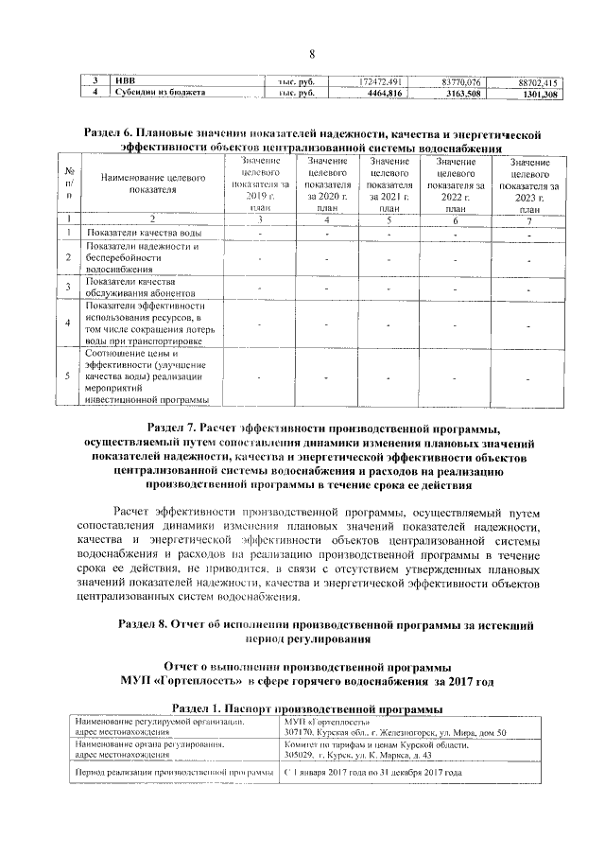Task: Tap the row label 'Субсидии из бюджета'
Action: click(x=156, y=94)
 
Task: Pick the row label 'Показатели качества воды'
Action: click(x=142, y=232)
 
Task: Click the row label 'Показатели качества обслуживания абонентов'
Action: click(x=132, y=287)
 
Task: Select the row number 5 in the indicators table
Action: click(x=67, y=376)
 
